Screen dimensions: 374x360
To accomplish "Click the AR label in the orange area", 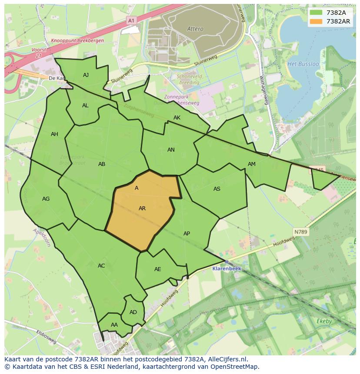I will [142, 209].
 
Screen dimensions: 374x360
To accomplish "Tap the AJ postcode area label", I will [86, 75].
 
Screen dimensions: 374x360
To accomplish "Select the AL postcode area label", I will [85, 106].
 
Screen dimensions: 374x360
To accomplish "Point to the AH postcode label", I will [54, 134].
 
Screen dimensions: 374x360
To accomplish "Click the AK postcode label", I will [177, 118].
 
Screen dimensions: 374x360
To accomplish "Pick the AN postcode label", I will [171, 150].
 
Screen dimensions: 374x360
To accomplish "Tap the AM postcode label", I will [252, 164].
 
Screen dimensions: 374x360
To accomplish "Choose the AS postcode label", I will [217, 189].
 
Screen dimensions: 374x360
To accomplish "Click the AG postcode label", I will [46, 199].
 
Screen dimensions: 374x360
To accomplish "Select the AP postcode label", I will [187, 234].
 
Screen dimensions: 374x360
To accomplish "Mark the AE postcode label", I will [158, 269].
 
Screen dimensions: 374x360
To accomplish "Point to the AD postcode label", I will [133, 312].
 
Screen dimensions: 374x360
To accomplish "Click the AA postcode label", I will [114, 325].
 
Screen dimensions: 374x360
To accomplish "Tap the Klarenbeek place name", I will [227, 268].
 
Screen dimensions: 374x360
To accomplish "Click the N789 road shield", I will [300, 232].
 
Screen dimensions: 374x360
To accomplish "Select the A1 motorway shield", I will [131, 20].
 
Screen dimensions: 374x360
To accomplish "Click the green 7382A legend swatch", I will [316, 13].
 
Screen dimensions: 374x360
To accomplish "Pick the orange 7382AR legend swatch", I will [316, 21].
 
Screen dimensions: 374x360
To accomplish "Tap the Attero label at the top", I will [195, 29].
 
